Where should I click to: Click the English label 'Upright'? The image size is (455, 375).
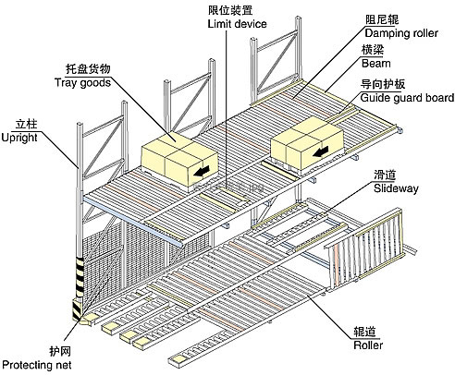19,138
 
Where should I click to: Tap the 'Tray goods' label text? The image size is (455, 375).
82,83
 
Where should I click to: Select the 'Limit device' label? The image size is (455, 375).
237,24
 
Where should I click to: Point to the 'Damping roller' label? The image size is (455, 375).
401,33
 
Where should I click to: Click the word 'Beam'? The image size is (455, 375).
376,64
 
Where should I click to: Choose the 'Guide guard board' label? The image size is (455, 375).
407,98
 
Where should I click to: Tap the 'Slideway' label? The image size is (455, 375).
396,188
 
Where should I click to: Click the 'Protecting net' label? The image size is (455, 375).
37,365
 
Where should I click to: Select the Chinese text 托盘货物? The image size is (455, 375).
88,69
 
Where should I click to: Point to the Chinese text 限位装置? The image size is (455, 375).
230,10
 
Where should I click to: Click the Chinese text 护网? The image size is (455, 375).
60,351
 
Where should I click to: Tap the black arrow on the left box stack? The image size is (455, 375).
202,171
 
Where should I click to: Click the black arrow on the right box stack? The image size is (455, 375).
320,151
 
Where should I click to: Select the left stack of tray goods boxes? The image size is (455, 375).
179,162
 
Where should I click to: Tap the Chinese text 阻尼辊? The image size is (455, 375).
382,19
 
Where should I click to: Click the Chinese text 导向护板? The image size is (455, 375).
383,84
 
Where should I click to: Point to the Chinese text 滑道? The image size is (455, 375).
385,175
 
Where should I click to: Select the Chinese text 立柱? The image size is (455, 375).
27,124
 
